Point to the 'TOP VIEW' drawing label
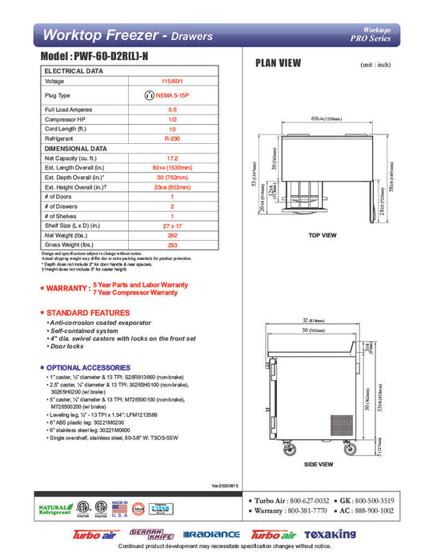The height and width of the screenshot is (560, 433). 323,235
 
